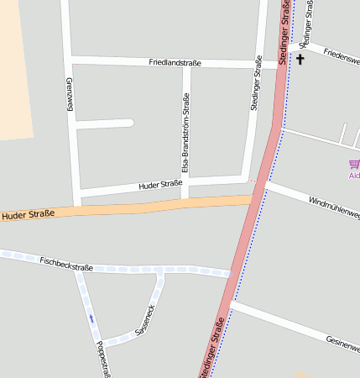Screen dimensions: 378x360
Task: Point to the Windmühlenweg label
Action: coord(334,208)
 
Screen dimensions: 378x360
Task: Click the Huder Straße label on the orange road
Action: coord(28,215)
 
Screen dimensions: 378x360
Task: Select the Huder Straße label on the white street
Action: coord(160,184)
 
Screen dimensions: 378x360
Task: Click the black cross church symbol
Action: coord(300,60)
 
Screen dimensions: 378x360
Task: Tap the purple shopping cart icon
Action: coord(354,164)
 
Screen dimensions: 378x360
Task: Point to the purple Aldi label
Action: coord(354,176)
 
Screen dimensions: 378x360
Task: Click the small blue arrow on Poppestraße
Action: coord(91,318)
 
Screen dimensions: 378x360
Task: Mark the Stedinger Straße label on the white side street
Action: coord(256,88)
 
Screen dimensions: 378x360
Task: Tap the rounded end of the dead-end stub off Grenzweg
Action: coord(129,123)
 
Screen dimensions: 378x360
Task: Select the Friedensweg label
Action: coord(341,55)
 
